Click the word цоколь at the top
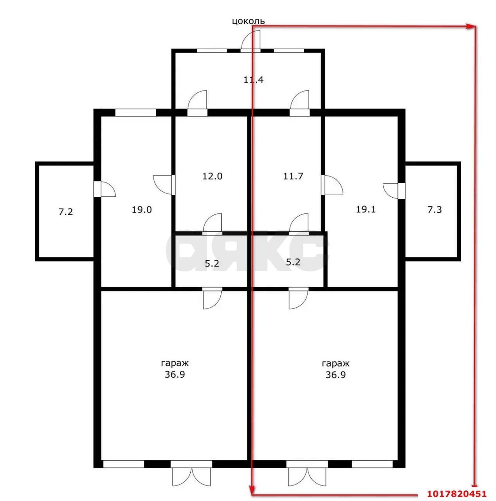click(x=248, y=21)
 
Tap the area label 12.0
click(x=212, y=176)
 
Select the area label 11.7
click(x=293, y=176)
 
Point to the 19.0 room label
click(x=141, y=209)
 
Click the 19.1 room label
click(x=366, y=209)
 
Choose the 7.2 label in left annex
click(x=65, y=212)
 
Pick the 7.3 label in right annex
click(x=435, y=209)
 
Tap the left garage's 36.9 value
click(x=175, y=375)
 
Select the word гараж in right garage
click(x=335, y=363)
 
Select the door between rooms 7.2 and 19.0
click(x=104, y=189)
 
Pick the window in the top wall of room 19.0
click(x=135, y=112)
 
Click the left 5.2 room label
click(x=212, y=263)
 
